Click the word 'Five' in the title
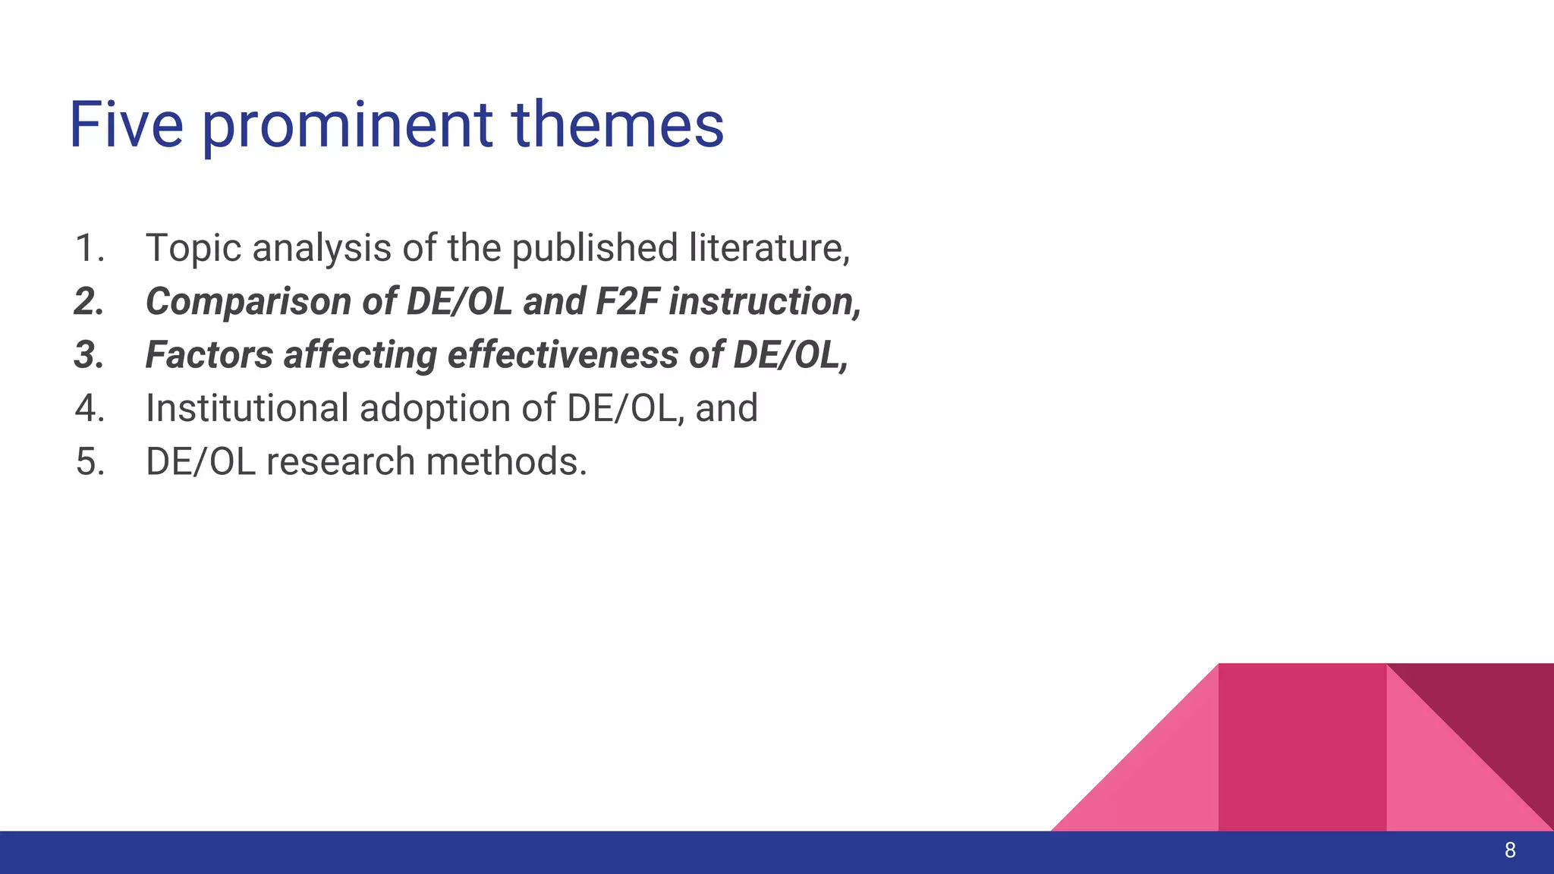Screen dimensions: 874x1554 point(126,124)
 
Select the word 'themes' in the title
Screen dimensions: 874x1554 point(618,124)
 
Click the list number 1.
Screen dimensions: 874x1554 point(90,248)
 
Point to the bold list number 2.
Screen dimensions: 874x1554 point(90,302)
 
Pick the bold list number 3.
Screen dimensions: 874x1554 point(90,355)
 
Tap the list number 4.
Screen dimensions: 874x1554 point(90,408)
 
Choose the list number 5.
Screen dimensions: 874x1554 point(90,462)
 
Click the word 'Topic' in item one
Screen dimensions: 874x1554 point(193,249)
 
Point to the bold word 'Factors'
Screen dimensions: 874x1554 point(209,355)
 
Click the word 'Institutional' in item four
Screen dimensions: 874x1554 point(246,408)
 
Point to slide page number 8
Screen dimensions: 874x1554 point(1510,850)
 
